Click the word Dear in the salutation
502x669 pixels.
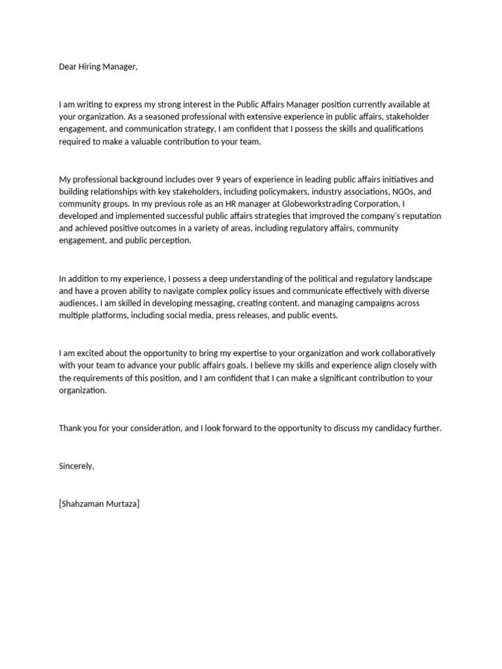click(x=68, y=67)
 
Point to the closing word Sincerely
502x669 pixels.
click(x=76, y=466)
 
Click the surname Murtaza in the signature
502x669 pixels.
click(x=123, y=504)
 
